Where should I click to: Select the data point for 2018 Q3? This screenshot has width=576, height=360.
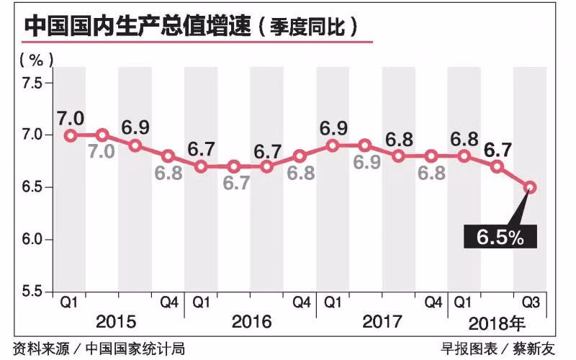530,187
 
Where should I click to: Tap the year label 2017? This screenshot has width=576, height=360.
382,321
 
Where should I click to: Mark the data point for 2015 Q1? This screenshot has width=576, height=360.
70,135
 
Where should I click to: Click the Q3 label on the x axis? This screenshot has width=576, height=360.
530,302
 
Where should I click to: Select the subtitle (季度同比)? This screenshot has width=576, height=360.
313,27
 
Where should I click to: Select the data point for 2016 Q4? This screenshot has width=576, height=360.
300,156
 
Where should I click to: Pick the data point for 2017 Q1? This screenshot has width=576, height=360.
333,145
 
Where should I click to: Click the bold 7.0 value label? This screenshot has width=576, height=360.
72,117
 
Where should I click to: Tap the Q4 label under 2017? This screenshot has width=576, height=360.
431,302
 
